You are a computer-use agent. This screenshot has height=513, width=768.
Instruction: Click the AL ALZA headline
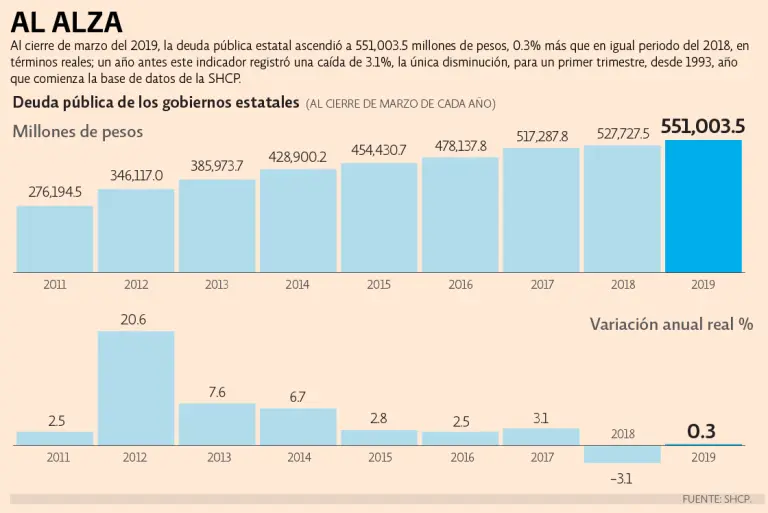click(67, 21)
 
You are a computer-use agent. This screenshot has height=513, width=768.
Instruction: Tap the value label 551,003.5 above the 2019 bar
click(703, 126)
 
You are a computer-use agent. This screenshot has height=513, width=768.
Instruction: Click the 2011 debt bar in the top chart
click(55, 239)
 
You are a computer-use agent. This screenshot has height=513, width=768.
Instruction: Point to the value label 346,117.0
click(136, 175)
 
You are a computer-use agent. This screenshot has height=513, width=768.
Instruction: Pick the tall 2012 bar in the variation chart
click(136, 388)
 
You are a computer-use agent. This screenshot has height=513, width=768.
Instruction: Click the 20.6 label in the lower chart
click(136, 319)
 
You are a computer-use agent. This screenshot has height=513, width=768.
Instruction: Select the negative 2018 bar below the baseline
click(622, 454)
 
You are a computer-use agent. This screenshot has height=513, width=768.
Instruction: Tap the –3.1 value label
click(621, 479)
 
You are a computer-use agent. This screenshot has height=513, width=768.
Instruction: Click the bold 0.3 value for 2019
click(702, 431)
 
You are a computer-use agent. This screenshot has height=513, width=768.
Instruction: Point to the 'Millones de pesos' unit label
click(78, 132)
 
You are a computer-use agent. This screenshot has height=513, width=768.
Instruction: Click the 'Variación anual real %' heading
click(671, 324)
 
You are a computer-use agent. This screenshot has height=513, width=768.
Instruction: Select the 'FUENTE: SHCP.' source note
click(717, 498)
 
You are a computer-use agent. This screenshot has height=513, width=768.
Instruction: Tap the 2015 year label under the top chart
click(379, 285)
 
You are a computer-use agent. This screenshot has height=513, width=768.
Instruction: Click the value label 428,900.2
click(298, 157)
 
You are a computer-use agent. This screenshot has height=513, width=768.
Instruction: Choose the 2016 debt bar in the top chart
click(460, 215)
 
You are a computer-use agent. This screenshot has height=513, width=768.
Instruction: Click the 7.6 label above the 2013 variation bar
click(217, 392)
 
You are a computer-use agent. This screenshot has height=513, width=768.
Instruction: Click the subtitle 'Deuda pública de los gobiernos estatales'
click(156, 103)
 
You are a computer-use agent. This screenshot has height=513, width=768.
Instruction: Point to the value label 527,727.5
click(622, 134)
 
